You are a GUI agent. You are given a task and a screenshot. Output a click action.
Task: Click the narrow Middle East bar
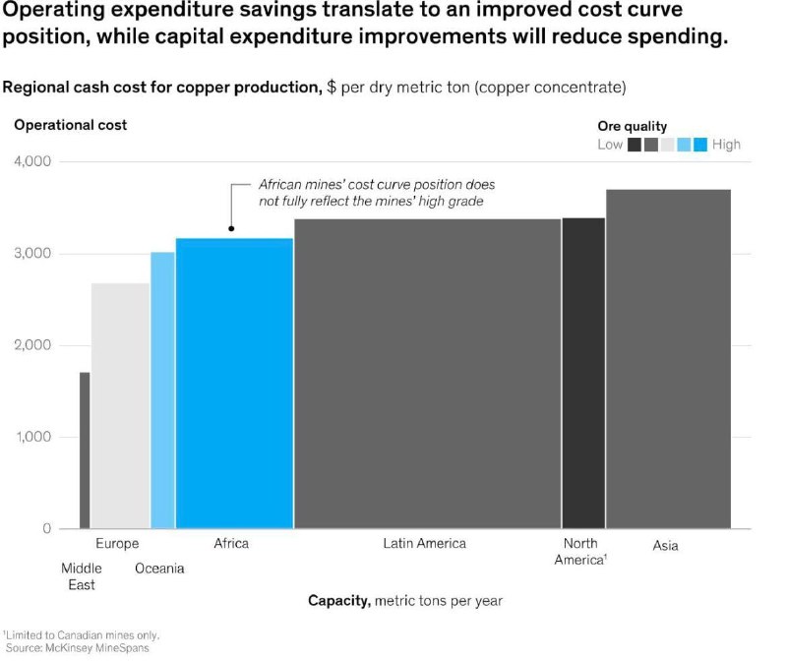[x=85, y=451]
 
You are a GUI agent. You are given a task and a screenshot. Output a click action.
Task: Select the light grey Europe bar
[x=120, y=406]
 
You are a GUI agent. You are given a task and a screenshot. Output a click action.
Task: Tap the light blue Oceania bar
[x=162, y=391]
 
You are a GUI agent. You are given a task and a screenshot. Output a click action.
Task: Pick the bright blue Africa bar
[x=234, y=384]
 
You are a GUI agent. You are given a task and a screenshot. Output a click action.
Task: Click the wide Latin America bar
[x=428, y=374]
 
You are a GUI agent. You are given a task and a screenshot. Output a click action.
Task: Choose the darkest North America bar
[x=583, y=374]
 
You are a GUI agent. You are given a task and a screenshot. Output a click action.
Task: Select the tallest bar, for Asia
[x=669, y=359]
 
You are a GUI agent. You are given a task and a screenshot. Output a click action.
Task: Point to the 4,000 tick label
[x=32, y=161]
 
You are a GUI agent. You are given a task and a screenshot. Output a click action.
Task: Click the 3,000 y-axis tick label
[x=32, y=253]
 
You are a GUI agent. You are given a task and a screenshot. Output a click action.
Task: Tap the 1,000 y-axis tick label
[x=33, y=437]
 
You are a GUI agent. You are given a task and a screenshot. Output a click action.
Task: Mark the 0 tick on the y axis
[x=46, y=528]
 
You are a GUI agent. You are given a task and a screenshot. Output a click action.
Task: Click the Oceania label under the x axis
[x=159, y=569]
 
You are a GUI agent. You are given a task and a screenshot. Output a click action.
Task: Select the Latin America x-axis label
[x=425, y=543]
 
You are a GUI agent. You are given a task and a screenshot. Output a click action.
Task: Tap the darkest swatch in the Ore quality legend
[x=635, y=145]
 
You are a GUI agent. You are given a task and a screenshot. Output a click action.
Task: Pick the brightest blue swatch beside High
[x=700, y=145]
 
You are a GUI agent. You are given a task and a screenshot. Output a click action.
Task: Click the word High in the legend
[x=726, y=145]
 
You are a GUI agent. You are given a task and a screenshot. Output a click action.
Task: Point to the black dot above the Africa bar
[x=231, y=229]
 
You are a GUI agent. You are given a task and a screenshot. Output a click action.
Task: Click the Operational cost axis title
[x=71, y=125]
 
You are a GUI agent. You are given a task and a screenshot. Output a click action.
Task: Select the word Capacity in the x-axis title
[x=339, y=600]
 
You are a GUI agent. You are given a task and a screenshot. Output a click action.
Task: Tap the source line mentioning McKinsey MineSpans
[x=78, y=648]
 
